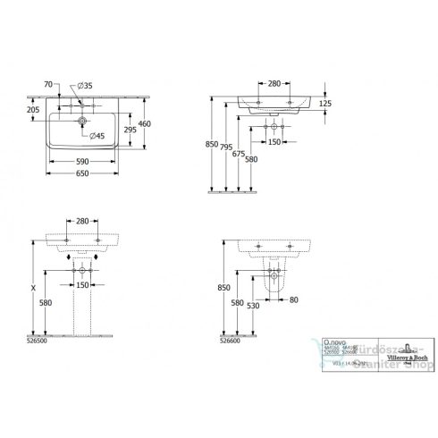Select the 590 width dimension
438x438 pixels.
tap(81, 162)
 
